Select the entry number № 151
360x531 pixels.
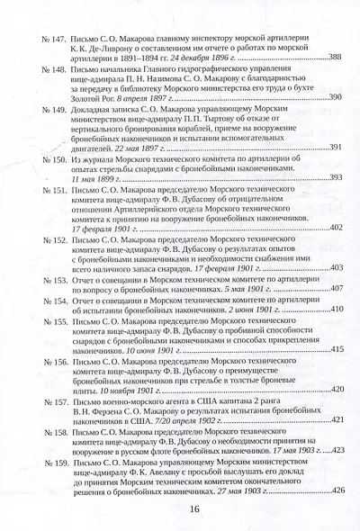tap(42, 192)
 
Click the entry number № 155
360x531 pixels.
tap(42, 320)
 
